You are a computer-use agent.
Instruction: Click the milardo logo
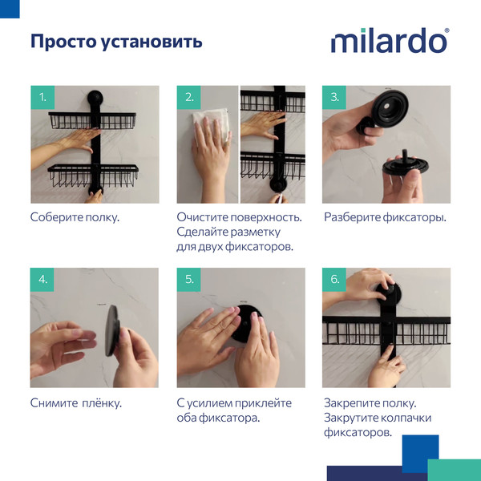pos(390,41)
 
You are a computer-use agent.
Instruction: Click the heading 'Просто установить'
pos(116,41)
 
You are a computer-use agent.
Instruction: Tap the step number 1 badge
pos(42,98)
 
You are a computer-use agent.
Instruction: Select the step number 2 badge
pos(188,98)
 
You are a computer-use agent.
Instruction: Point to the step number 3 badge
pos(334,98)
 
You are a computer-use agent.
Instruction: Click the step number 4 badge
pos(42,280)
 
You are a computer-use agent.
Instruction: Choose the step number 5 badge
pos(188,280)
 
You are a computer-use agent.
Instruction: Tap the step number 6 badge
pos(334,280)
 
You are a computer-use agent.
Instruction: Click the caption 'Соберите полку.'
pos(75,217)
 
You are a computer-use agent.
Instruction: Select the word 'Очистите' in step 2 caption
pos(203,217)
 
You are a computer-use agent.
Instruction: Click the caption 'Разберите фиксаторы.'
pos(385,217)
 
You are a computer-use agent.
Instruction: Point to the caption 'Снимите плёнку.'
pos(76,402)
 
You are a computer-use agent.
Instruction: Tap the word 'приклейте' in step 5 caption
pos(265,402)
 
